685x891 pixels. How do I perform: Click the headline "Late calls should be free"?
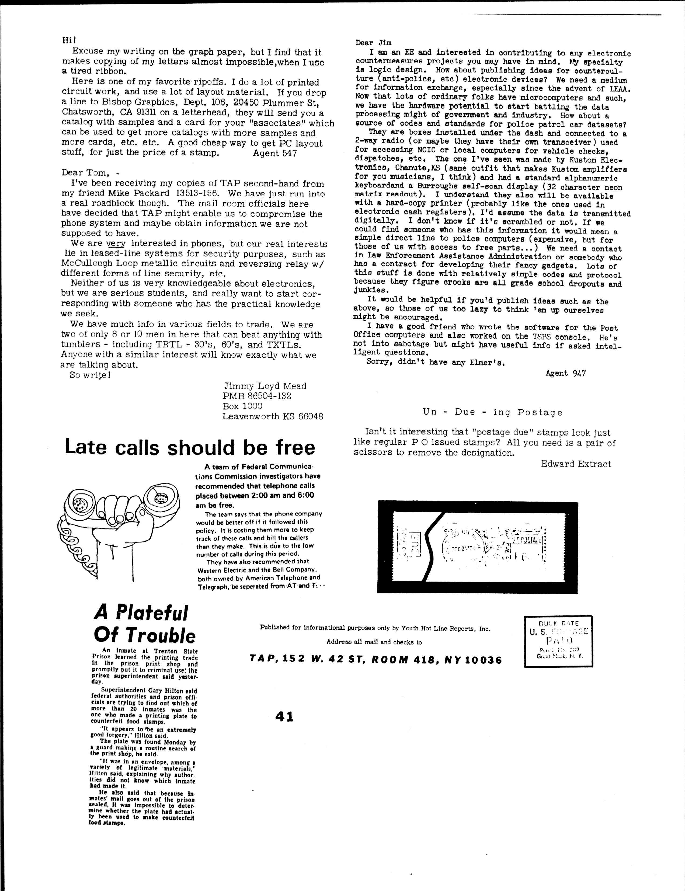pyautogui.click(x=190, y=448)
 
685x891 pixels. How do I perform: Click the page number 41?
pyautogui.click(x=284, y=716)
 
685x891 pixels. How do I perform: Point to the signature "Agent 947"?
pyautogui.click(x=565, y=373)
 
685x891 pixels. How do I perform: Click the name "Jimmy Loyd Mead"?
pyautogui.click(x=265, y=386)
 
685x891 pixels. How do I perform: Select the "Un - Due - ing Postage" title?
pyautogui.click(x=493, y=412)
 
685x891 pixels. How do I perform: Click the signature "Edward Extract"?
pyautogui.click(x=576, y=464)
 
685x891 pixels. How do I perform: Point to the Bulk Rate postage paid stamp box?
pyautogui.click(x=558, y=641)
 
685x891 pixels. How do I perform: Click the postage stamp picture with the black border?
pyautogui.click(x=478, y=547)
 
